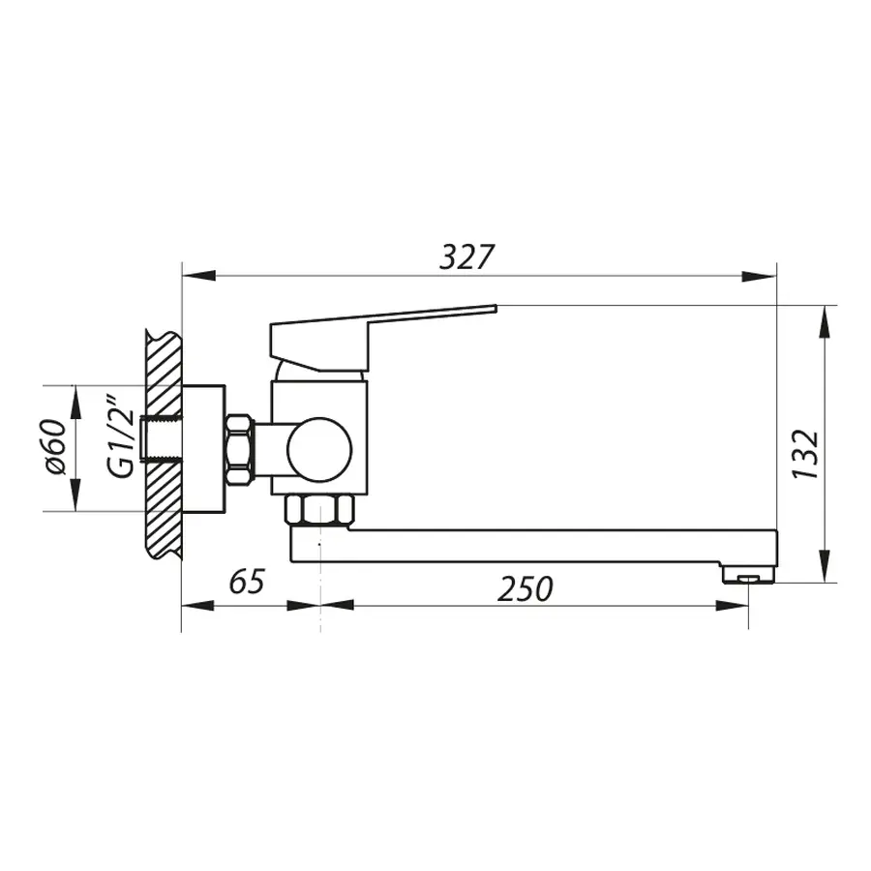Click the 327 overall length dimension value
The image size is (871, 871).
coord(467,256)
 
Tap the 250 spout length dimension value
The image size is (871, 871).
coord(526,587)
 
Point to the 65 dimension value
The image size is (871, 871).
coord(247,583)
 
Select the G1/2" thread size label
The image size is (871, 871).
coord(119,435)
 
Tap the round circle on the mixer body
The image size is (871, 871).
coord(319,449)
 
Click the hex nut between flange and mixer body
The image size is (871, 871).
coord(239,449)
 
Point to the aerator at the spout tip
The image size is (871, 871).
coord(749,577)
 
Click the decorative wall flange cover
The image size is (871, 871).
coord(203,448)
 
